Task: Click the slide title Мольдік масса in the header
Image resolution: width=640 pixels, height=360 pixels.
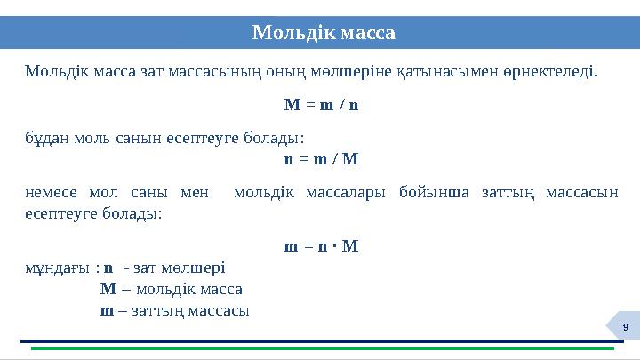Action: point(324,33)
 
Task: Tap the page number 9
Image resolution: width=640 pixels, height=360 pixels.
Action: point(626,330)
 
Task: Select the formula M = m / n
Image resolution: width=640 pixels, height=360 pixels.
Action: point(321,104)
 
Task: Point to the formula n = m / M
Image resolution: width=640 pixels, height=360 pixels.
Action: point(321,160)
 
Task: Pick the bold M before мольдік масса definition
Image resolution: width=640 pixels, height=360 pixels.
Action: point(108,289)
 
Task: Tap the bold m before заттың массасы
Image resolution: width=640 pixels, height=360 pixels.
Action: point(107,310)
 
